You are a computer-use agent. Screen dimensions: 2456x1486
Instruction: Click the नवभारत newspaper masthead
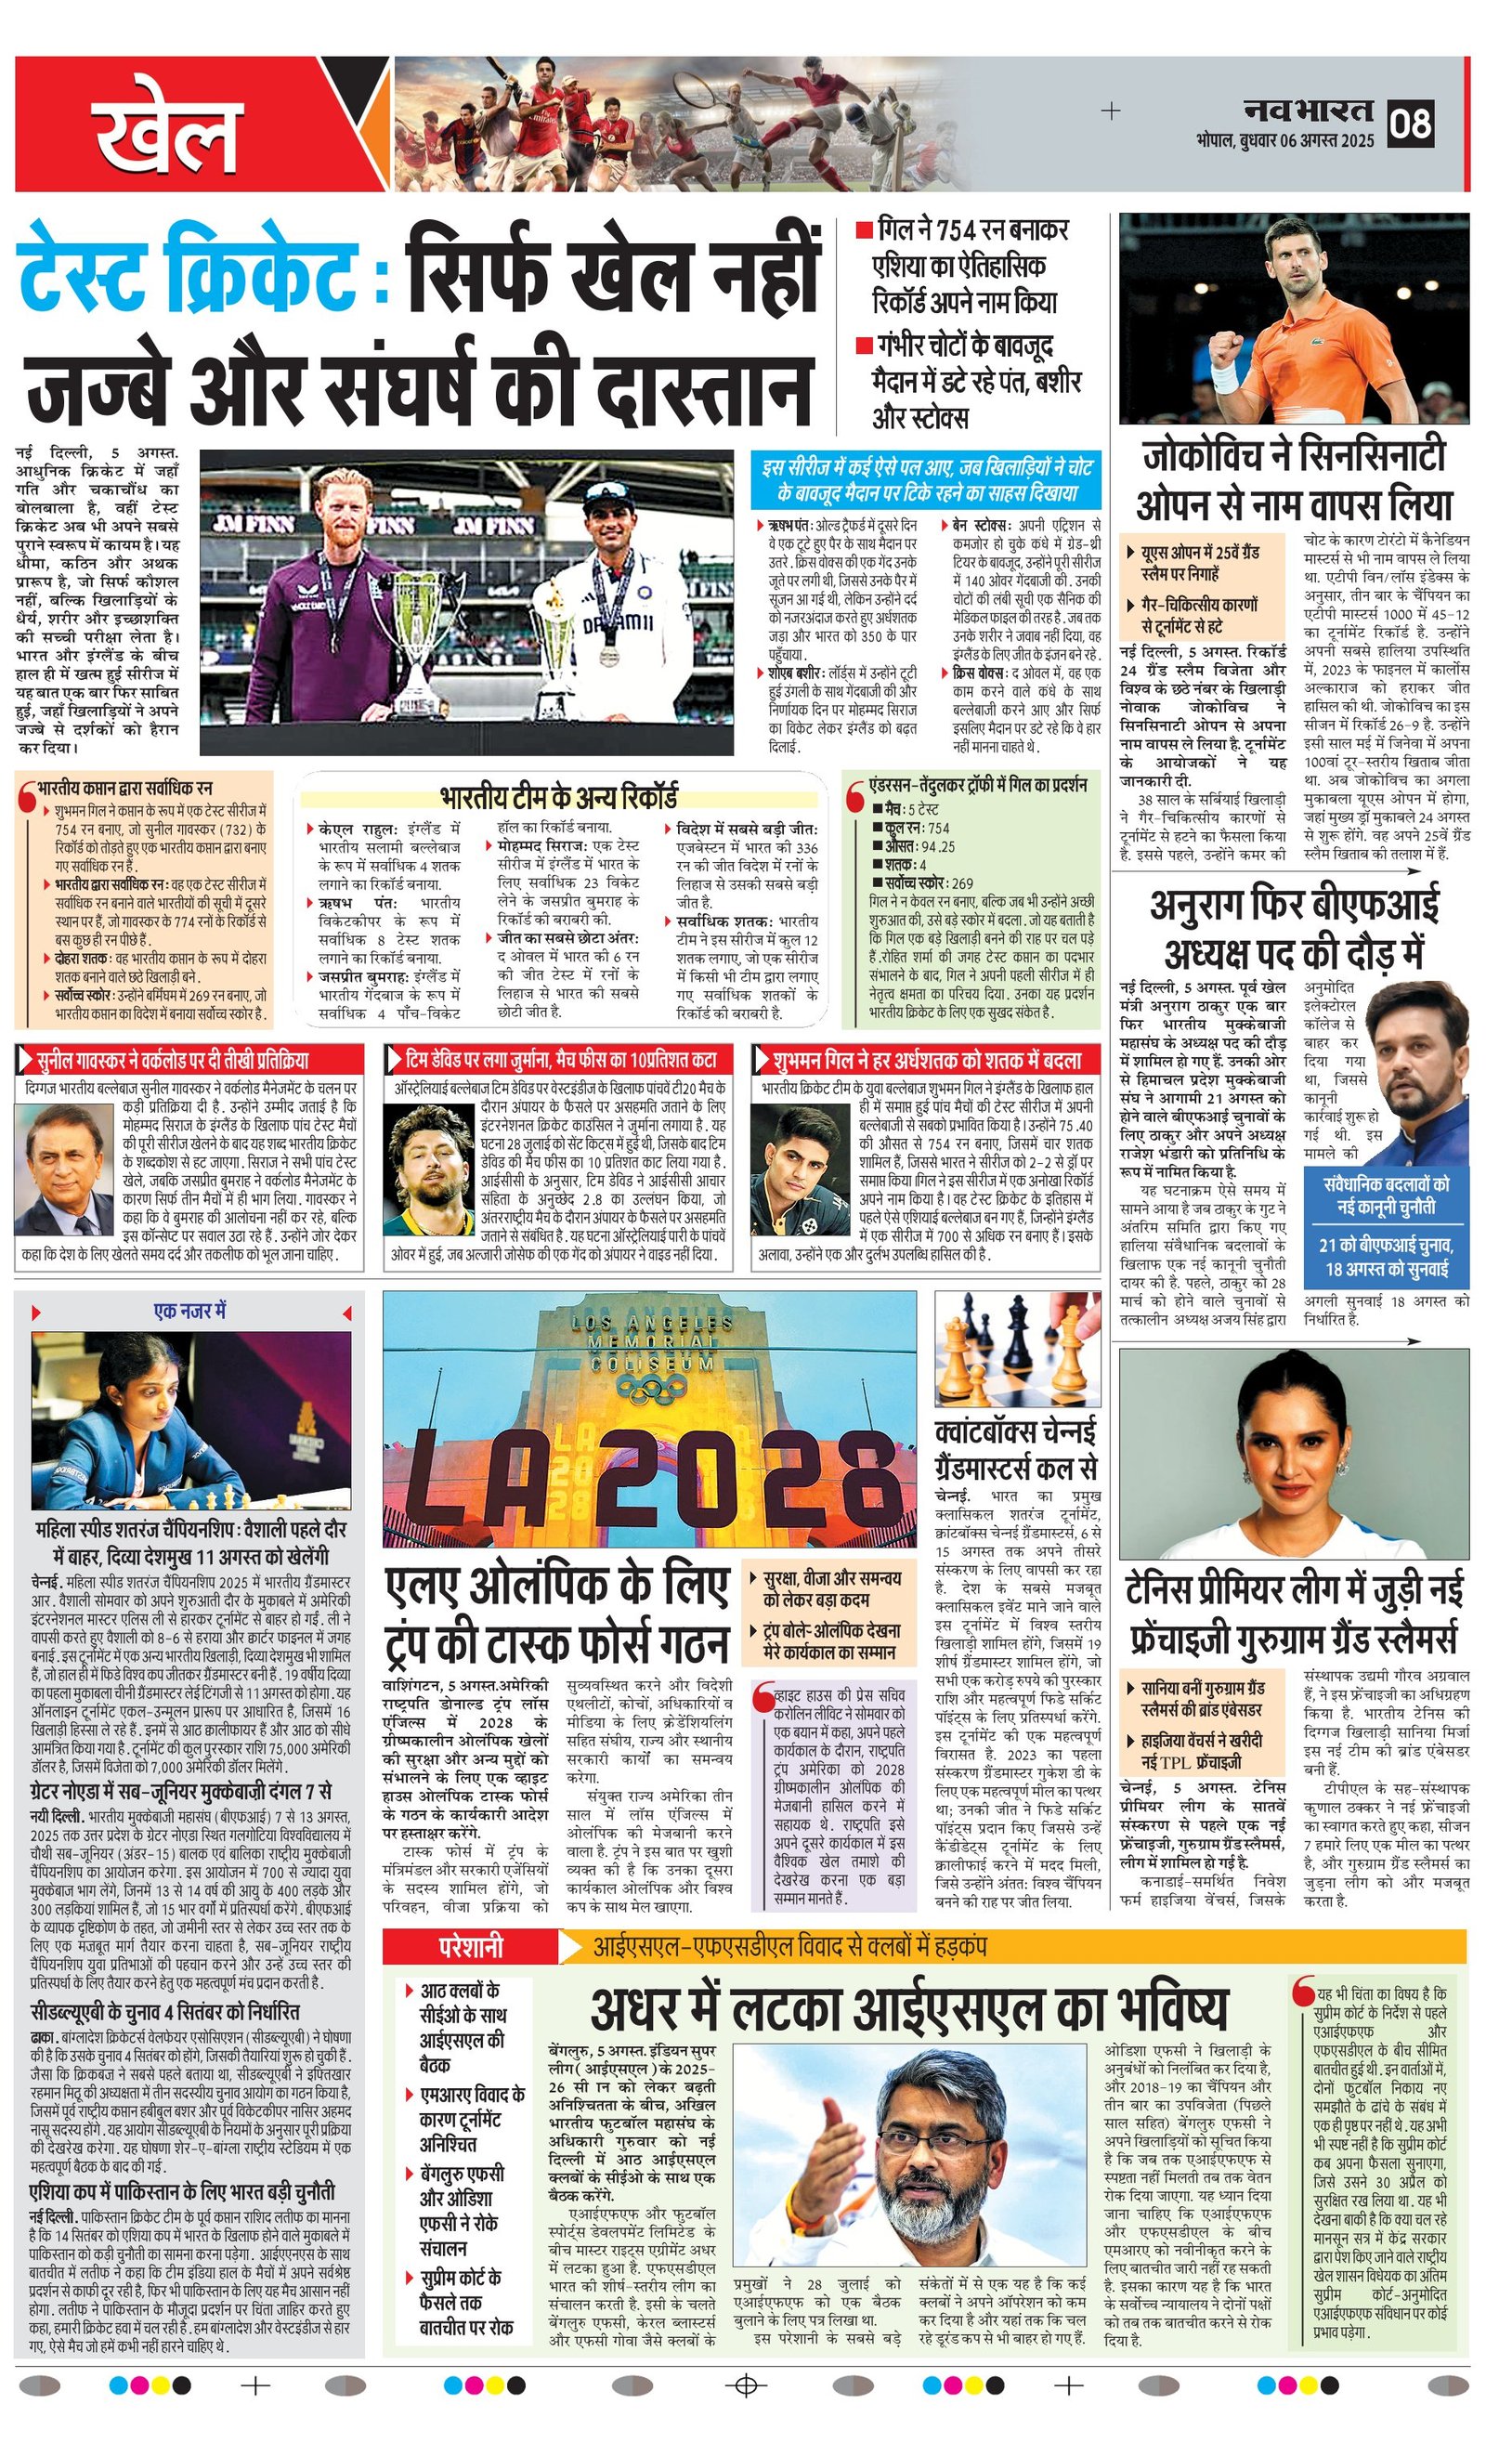pos(1308,110)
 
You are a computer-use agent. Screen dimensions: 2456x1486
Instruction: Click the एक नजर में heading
pos(189,1312)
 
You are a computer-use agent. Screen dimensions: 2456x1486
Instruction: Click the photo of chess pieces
pos(1018,1350)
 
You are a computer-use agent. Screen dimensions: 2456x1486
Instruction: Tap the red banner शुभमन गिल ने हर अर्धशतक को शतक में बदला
pos(927,1059)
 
